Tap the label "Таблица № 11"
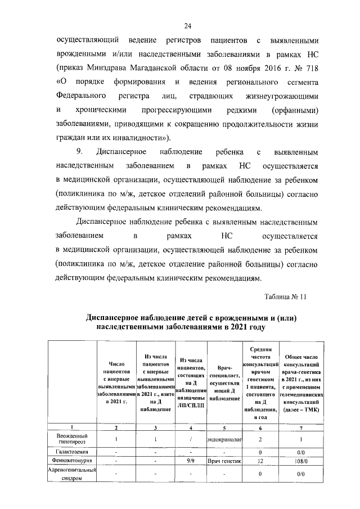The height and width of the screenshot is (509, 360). (285, 297)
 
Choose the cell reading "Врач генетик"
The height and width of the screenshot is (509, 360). (224, 460)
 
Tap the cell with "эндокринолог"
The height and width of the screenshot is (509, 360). (224, 439)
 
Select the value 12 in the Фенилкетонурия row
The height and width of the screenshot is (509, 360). (260, 460)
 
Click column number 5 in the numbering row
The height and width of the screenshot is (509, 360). (224, 427)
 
